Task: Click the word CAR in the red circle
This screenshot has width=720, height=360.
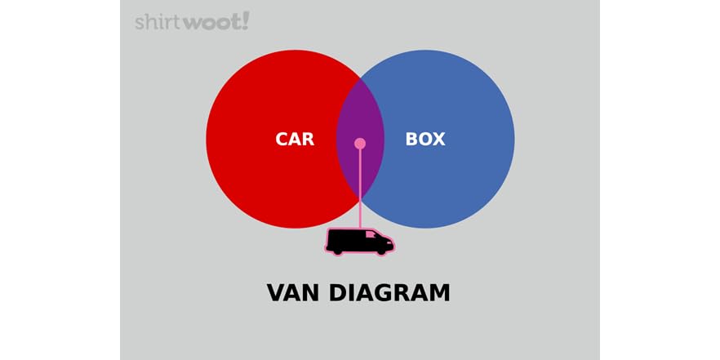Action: [x=295, y=139]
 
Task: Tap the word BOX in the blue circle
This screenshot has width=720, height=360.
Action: [x=425, y=139]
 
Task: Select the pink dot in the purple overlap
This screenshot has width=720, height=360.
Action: [x=360, y=144]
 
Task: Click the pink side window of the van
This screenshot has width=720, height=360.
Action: [x=371, y=235]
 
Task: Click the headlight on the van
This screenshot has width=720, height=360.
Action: [x=392, y=242]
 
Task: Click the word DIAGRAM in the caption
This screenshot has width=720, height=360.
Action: [x=390, y=292]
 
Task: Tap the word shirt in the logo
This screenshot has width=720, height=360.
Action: [x=158, y=22]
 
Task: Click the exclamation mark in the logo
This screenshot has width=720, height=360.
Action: [x=246, y=20]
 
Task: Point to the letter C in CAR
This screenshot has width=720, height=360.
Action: [x=282, y=139]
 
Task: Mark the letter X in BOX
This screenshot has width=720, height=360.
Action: [x=438, y=139]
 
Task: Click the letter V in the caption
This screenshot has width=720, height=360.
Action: [x=276, y=292]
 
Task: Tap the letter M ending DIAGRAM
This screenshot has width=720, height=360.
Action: [x=439, y=292]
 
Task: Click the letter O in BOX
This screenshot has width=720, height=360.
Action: [x=425, y=139]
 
